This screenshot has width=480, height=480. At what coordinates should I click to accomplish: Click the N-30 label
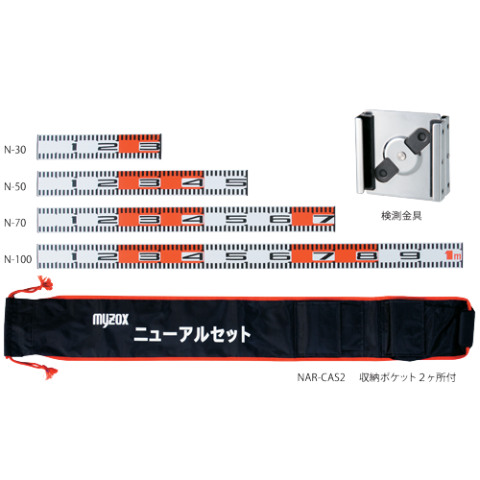[15, 150]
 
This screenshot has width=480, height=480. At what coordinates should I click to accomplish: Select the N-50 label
[15, 186]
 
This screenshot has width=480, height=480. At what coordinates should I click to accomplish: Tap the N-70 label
[15, 223]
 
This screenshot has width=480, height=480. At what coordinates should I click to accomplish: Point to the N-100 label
[18, 259]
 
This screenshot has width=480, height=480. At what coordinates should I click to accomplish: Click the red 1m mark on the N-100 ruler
[453, 255]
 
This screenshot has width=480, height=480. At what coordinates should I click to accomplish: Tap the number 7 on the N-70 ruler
[324, 220]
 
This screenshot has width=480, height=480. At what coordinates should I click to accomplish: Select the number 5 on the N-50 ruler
[237, 182]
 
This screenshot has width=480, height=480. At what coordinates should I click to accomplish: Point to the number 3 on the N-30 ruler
[150, 147]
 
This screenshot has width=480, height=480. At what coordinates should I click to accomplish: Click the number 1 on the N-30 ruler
[74, 147]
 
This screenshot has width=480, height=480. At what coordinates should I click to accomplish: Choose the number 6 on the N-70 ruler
[280, 220]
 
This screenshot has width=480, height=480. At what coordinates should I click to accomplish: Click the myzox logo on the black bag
[110, 320]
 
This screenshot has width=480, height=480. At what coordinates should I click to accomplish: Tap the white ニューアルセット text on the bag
[192, 334]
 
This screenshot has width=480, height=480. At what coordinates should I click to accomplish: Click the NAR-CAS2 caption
[321, 377]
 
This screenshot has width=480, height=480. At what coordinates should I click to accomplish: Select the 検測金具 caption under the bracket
[401, 216]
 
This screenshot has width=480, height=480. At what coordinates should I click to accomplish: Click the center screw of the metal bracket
[401, 156]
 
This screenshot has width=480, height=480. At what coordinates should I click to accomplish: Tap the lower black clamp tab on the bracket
[385, 170]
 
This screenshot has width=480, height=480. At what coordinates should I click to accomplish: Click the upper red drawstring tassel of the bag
[45, 283]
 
